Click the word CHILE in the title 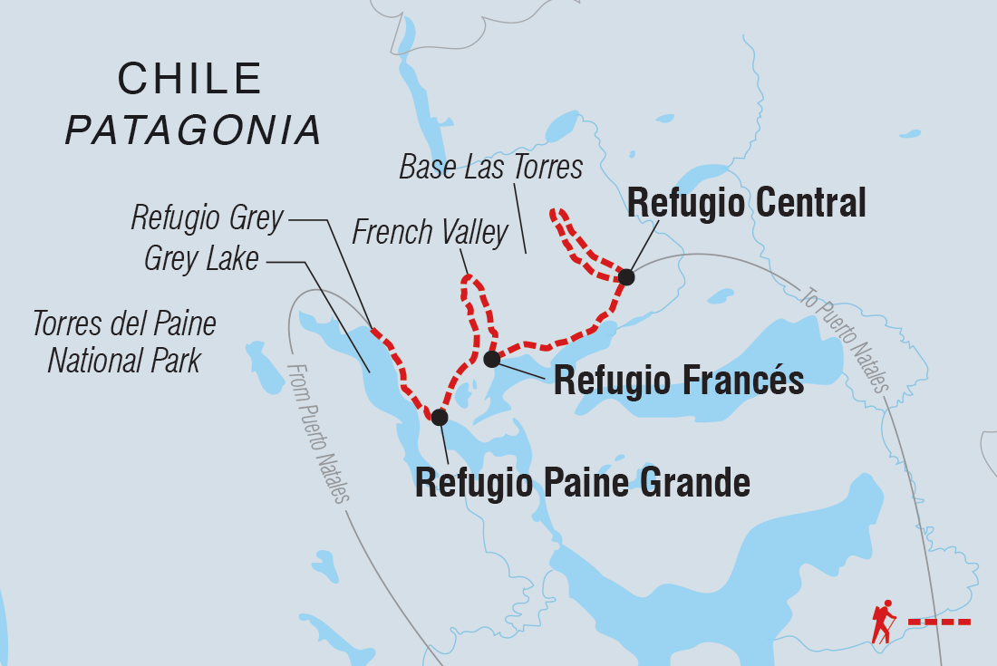pos(190,80)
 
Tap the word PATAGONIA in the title pos(194,130)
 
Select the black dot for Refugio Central pos(625,276)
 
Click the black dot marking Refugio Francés pos(491,360)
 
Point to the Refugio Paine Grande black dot pos(440,417)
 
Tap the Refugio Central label pos(746,203)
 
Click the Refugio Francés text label pos(678,381)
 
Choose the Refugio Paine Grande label pos(582,483)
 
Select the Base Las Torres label pos(490,168)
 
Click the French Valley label pos(430,233)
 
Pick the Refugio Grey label pos(207,217)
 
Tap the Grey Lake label pos(201,259)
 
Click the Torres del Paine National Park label pos(124,343)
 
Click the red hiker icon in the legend pos(883,621)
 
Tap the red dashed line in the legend pos(939,622)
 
